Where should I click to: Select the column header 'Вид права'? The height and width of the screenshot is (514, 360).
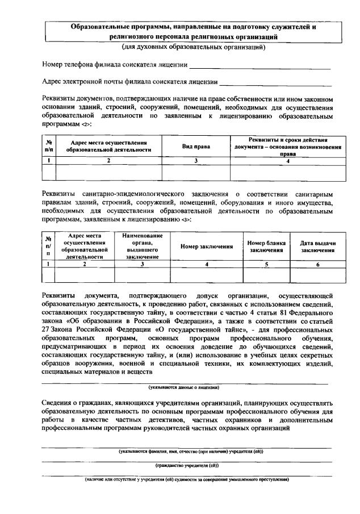click(x=195, y=146)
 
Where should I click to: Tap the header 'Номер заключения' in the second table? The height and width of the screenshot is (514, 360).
click(x=207, y=246)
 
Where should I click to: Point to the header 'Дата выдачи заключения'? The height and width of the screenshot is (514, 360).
click(x=317, y=246)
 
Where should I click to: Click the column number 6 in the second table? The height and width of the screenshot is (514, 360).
click(x=317, y=264)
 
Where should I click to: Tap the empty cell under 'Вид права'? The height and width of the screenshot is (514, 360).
click(x=195, y=172)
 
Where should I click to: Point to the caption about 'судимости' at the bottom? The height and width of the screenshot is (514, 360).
click(x=187, y=479)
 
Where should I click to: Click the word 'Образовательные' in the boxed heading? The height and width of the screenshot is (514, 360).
click(x=100, y=26)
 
